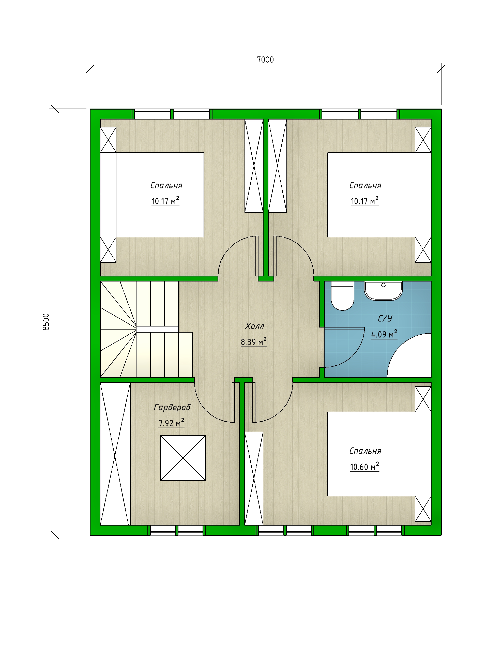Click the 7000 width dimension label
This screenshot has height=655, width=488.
click(265, 60)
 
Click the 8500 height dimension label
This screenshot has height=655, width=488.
click(46, 322)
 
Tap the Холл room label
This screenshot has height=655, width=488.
click(254, 326)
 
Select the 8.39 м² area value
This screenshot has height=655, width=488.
click(254, 342)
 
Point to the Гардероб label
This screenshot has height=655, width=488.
click(172, 407)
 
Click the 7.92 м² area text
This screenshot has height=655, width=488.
click(171, 423)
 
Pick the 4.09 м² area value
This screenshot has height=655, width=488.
click(384, 334)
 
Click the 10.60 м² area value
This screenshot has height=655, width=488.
click(364, 467)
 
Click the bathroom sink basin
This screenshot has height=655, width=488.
click(383, 291)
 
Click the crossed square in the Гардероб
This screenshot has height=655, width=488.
click(183, 458)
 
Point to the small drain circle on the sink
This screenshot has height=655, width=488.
click(384, 285)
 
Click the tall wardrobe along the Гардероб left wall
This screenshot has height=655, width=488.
click(115, 454)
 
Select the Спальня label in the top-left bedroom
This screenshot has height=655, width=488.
click(166, 185)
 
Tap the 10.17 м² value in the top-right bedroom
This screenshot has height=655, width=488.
click(364, 201)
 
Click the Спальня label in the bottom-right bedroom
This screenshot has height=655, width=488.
click(365, 451)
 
